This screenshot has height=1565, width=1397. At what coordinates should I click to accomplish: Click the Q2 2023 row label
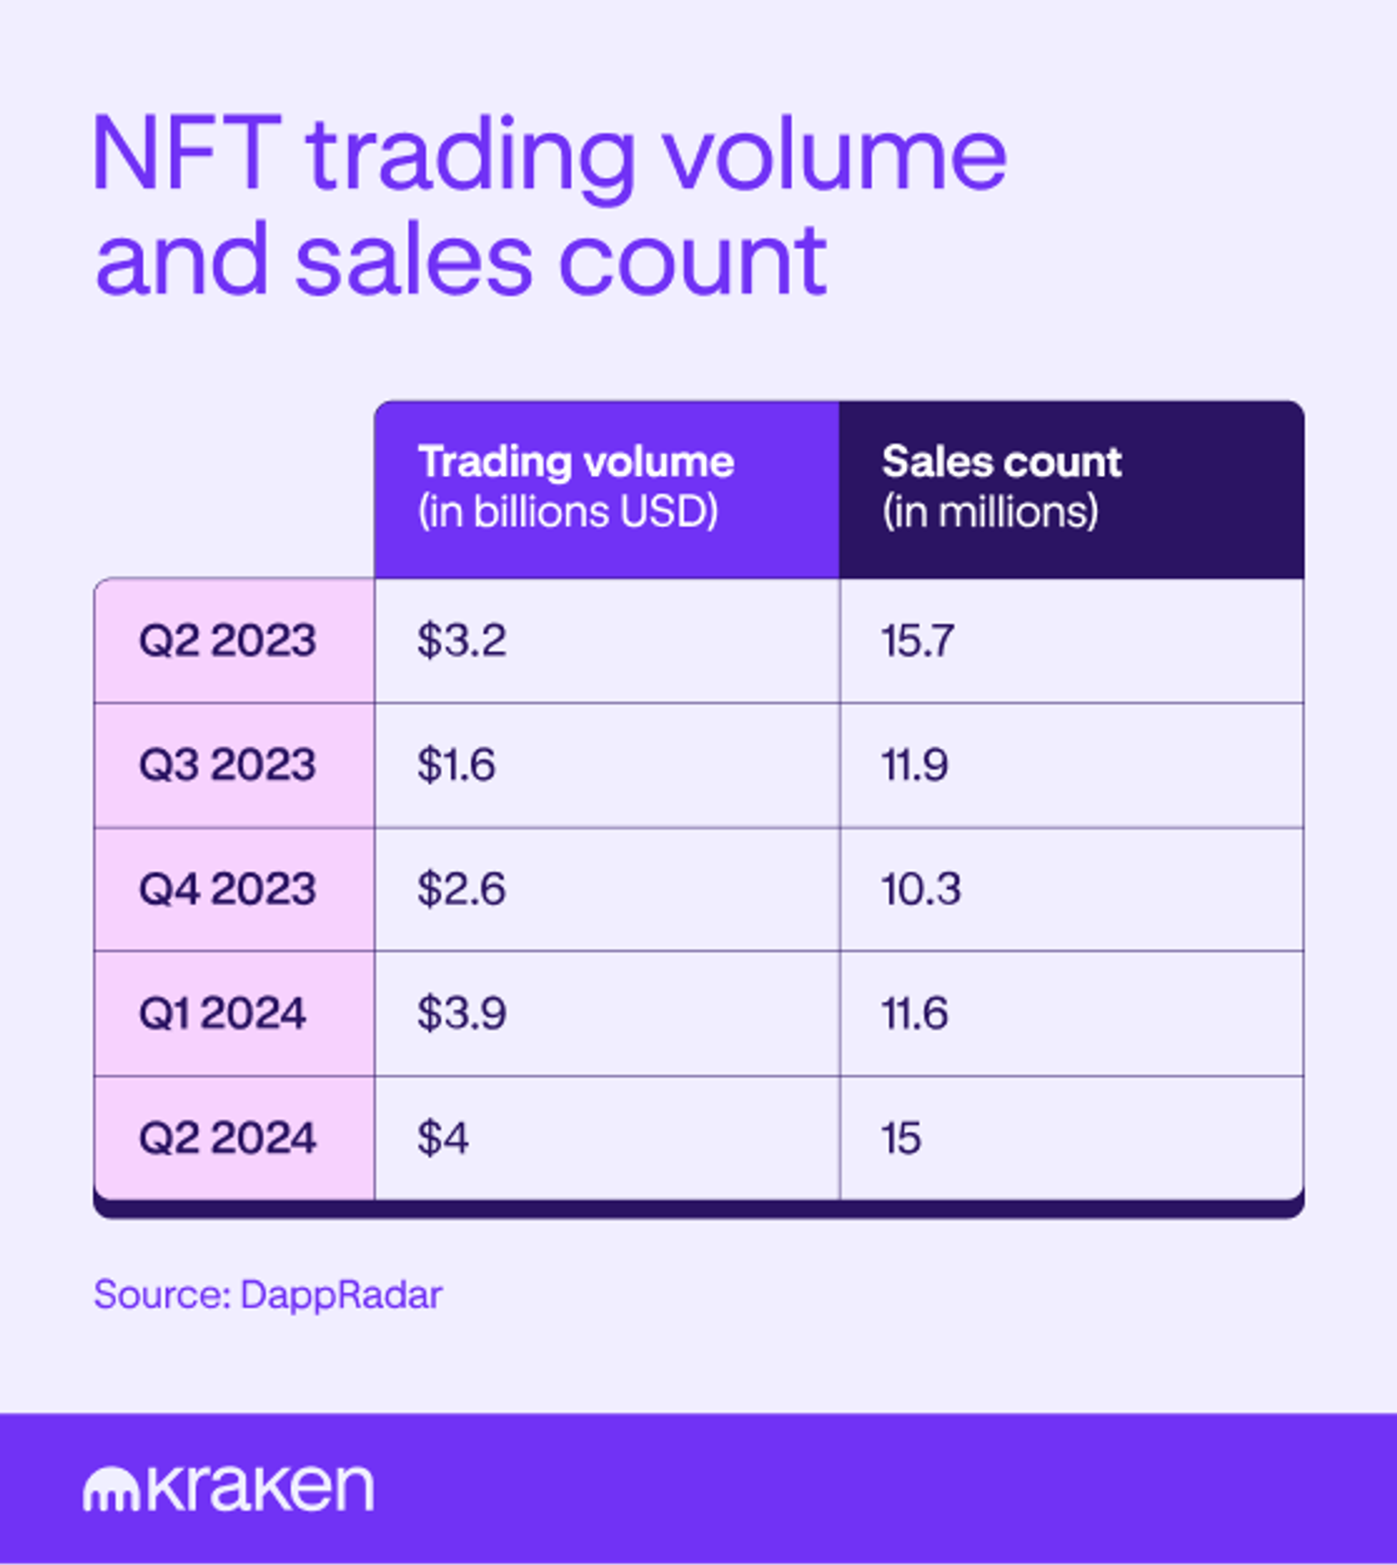tap(227, 641)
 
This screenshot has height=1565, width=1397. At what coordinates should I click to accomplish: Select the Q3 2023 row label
tap(227, 764)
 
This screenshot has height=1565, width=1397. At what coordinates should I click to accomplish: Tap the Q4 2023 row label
tap(227, 889)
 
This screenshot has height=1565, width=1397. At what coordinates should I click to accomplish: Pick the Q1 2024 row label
tap(222, 1014)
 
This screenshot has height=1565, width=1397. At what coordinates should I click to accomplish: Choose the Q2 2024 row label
tap(227, 1138)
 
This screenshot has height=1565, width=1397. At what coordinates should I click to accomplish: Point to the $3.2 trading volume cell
tap(461, 641)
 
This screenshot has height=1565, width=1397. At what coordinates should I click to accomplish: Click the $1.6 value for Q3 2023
tap(456, 764)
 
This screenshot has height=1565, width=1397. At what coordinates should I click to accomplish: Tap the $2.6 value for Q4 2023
tap(461, 889)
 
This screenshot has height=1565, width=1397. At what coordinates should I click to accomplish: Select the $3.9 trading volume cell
tap(461, 1014)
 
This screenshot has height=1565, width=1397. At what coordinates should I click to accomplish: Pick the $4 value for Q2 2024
tap(443, 1138)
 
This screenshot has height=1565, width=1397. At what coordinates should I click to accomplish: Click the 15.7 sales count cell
tap(918, 641)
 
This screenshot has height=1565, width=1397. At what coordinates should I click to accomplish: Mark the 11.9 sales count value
tap(914, 764)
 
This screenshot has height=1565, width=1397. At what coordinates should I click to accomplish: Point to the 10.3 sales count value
tap(920, 889)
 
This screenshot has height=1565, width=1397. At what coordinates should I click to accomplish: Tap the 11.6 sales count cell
tap(914, 1014)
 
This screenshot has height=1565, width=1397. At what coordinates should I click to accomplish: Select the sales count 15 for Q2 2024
tap(900, 1138)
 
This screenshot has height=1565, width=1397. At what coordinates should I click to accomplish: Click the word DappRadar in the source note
tap(341, 1296)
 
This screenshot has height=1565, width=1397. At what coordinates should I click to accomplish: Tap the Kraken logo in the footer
tap(228, 1489)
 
